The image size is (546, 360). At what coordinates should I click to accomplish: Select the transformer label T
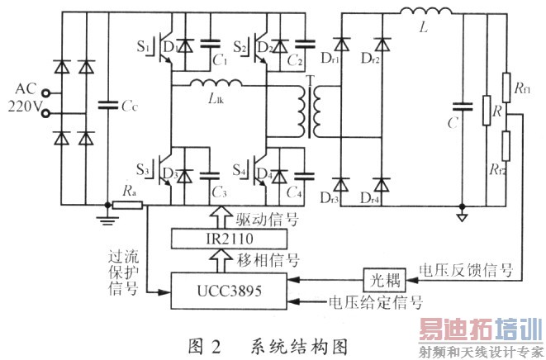(x=309, y=81)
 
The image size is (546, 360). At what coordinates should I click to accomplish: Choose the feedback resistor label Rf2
(x=522, y=171)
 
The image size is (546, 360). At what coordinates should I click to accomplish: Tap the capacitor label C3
(x=219, y=192)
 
